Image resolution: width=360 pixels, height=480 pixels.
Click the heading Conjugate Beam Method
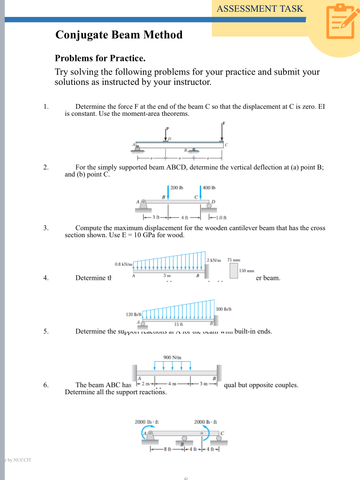click(x=119, y=35)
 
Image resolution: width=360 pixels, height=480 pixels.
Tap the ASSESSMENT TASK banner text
click(x=260, y=8)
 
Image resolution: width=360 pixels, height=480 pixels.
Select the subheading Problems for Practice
click(x=100, y=59)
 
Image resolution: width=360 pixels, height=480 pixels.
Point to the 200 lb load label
click(x=176, y=188)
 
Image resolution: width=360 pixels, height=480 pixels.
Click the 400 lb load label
click(x=209, y=188)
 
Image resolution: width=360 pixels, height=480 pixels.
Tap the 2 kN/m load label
click(x=214, y=260)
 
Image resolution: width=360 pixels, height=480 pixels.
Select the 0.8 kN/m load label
click(x=124, y=264)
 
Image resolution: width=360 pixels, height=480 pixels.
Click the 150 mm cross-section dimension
click(x=247, y=270)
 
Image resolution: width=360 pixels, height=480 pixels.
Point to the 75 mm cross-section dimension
click(x=233, y=260)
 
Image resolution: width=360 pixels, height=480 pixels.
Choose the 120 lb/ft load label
click(x=133, y=314)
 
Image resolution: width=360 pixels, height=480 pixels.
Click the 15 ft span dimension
click(x=178, y=324)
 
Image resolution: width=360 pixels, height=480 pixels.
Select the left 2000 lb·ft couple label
click(x=146, y=422)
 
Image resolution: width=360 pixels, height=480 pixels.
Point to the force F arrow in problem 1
click(x=222, y=131)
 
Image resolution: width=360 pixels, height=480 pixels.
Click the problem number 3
click(x=46, y=228)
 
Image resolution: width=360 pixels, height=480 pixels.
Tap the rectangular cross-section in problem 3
click(x=233, y=270)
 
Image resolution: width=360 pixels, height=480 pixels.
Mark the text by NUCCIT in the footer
click(x=19, y=460)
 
